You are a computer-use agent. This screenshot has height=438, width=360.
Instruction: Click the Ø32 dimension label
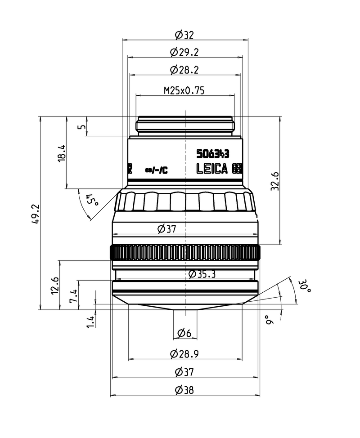[184, 35]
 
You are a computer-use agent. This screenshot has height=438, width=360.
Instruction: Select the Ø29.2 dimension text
[184, 52]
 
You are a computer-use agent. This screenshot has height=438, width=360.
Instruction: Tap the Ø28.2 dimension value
[184, 70]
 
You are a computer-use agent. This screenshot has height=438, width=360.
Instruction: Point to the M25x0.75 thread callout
[184, 90]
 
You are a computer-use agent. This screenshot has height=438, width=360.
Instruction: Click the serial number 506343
[213, 154]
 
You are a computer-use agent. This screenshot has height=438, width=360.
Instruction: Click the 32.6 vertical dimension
[275, 181]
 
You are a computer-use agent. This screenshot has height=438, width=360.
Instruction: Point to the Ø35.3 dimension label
[202, 274]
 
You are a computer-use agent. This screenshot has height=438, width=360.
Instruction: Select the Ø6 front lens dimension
[184, 333]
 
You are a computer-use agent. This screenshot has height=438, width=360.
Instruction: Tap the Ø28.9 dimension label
[184, 354]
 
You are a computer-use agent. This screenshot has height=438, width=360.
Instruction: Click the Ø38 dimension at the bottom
[184, 390]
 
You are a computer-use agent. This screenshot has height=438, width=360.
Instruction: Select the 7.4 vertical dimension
[73, 296]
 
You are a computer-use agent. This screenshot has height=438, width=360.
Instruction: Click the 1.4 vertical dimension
[90, 321]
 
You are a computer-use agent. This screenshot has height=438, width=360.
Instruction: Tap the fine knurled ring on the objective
[185, 253]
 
